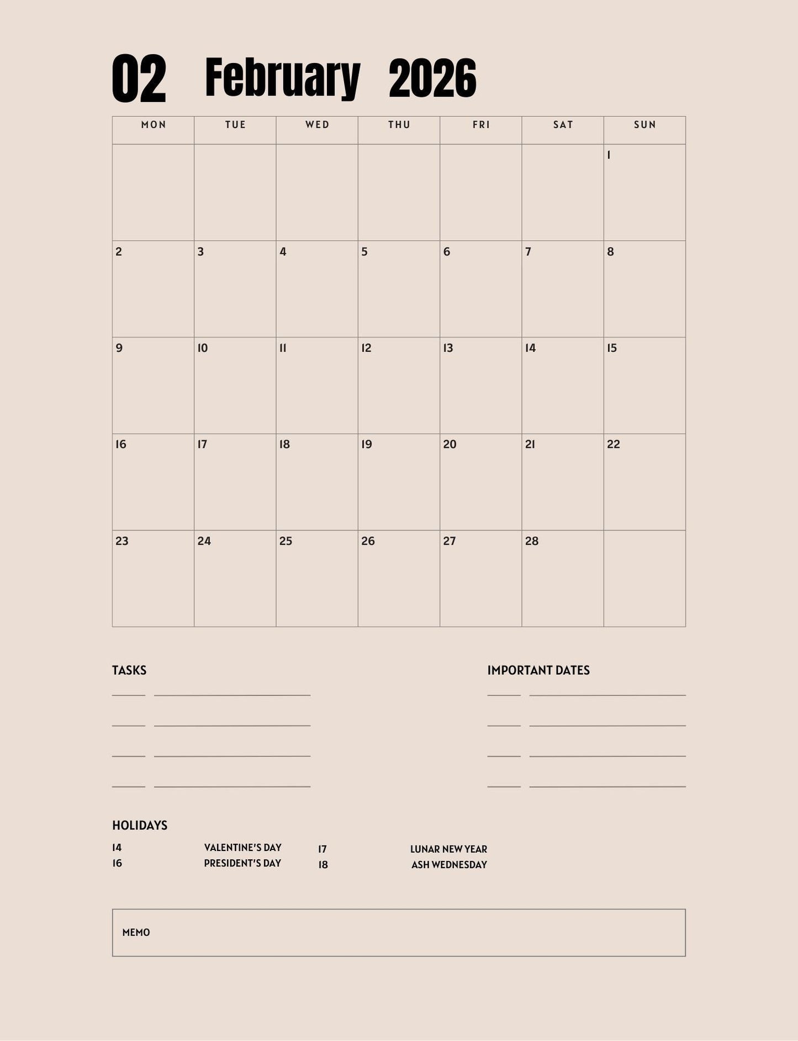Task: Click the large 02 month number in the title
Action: coord(139,78)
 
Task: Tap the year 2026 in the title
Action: coord(432,78)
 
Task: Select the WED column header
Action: coord(317,125)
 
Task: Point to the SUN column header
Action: coord(644,125)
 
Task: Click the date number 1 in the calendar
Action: coord(609,155)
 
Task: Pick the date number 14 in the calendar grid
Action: coord(530,348)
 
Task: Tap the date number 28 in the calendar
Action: coord(531,541)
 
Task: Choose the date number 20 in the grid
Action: coord(450,445)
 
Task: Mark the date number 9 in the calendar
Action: coord(119,348)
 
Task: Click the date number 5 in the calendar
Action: coord(364,252)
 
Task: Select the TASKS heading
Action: coord(129,670)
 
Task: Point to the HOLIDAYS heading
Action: coord(140,826)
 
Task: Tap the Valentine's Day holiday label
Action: coord(242,848)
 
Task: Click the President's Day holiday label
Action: coord(242,863)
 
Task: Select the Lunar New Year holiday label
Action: coord(448,849)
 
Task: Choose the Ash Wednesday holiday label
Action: coord(449,865)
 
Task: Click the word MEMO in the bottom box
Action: coord(136,933)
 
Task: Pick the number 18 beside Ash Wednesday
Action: coord(323,865)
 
